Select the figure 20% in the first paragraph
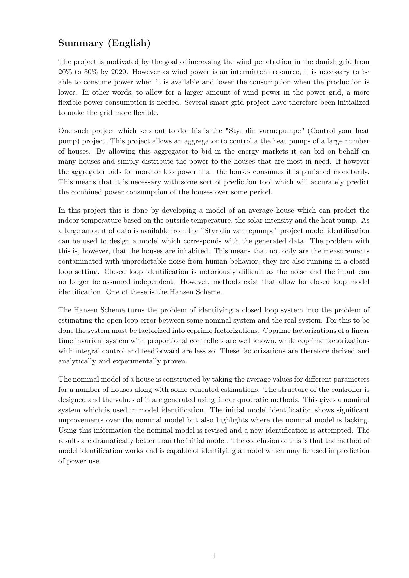coord(65,72)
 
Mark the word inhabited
coord(193,251)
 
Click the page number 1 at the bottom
coord(214,556)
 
